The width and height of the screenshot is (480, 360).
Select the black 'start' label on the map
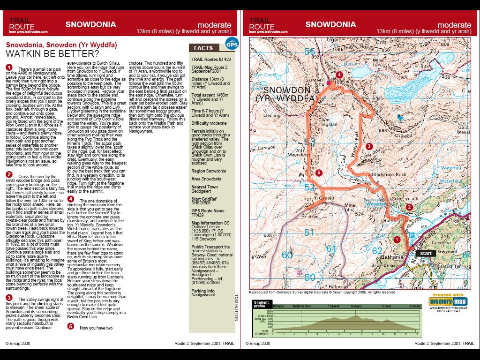(426, 253)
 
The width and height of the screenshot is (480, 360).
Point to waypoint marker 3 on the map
(369, 146)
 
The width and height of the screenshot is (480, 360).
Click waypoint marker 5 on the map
(319, 173)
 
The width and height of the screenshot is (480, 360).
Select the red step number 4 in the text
(70, 199)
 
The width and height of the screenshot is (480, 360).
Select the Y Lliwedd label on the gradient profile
(333, 306)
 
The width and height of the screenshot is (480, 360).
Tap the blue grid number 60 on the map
(287, 255)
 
